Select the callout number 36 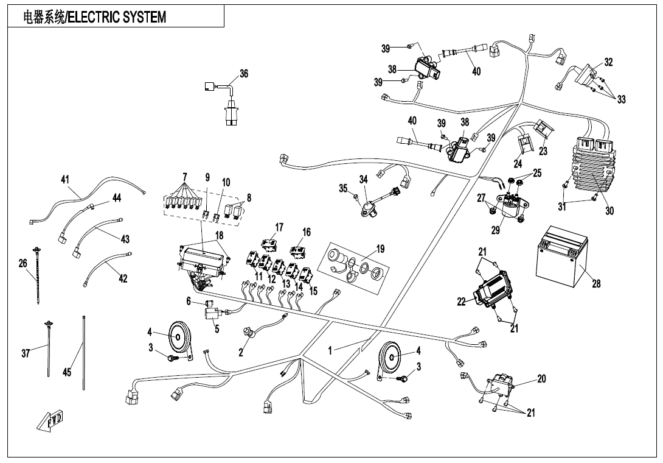point(244,74)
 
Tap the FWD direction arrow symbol point(53,420)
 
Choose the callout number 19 point(380,249)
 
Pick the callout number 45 point(67,373)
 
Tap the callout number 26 point(23,263)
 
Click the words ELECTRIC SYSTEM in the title point(117,17)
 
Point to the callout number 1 point(330,350)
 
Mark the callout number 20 point(541,379)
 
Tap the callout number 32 point(608,62)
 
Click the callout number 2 point(241,353)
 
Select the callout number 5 point(217,328)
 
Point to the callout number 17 point(279,227)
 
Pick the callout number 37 point(26,353)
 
